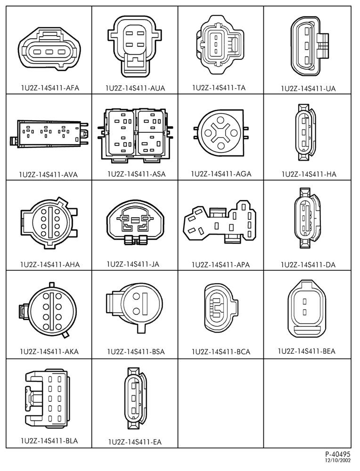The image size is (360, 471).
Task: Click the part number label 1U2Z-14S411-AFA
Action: [50, 88]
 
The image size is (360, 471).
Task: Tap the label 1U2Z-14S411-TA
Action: [219, 88]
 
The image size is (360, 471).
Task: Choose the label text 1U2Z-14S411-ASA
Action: [137, 174]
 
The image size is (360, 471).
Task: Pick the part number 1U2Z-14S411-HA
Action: [309, 174]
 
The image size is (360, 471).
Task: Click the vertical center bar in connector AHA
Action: [50, 222]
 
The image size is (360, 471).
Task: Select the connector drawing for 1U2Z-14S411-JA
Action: [136, 221]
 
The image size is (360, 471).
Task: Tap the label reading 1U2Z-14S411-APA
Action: [221, 265]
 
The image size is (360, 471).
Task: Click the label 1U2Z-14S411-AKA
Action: [49, 351]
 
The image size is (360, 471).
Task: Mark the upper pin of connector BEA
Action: [304, 301]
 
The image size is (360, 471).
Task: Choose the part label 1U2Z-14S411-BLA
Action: [49, 441]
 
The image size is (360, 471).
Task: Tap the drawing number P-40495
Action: [337, 454]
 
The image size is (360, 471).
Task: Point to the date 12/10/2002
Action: [337, 460]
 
